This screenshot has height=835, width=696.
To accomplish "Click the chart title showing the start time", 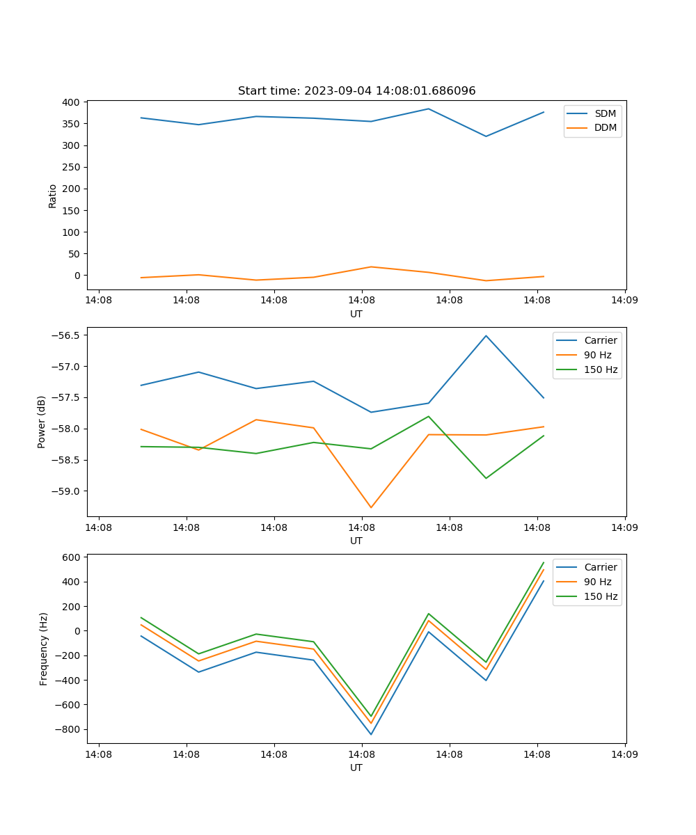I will click(356, 91).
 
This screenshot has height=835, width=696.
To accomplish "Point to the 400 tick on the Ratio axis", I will click(70, 102).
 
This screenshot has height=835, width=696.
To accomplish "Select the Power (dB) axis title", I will click(42, 422).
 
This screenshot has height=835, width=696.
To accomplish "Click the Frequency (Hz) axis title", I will click(43, 649).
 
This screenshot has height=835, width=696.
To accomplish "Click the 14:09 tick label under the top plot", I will click(624, 301).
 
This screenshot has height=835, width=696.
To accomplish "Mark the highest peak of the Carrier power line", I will click(486, 335).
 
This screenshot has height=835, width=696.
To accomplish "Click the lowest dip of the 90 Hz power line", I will click(371, 507).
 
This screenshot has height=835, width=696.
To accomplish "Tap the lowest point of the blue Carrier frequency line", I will click(371, 734).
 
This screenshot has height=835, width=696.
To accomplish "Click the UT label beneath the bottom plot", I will click(356, 768).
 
